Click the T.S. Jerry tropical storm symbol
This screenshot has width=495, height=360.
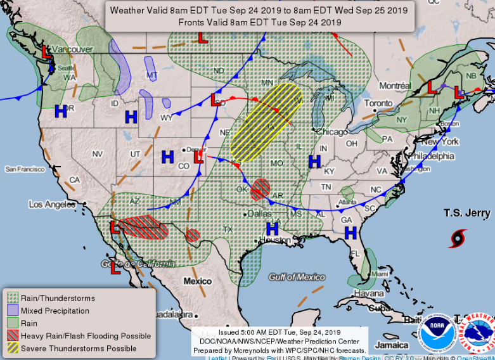pyautogui.click(x=457, y=238)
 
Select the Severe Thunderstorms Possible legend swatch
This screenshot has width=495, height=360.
pyautogui.click(x=12, y=349)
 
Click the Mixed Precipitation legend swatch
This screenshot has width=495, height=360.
pyautogui.click(x=12, y=311)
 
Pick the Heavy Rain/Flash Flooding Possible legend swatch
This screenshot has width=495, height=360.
pyautogui.click(x=12, y=336)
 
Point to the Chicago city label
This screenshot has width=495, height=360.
pyautogui.click(x=331, y=131)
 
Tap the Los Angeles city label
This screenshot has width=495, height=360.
pyautogui.click(x=52, y=204)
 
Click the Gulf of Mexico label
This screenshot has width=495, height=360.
pyautogui.click(x=297, y=277)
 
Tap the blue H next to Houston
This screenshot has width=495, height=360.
pyautogui.click(x=273, y=229)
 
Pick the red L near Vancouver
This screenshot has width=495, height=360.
pyautogui.click(x=46, y=52)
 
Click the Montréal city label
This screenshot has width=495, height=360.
pyautogui.click(x=395, y=86)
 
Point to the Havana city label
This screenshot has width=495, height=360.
pyautogui.click(x=369, y=293)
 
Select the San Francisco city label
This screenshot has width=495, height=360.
pyautogui.click(x=25, y=169)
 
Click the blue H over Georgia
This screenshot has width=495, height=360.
pyautogui.click(x=350, y=233)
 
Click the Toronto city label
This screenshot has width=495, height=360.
pyautogui.click(x=378, y=103)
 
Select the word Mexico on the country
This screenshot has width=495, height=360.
pyautogui.click(x=198, y=281)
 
